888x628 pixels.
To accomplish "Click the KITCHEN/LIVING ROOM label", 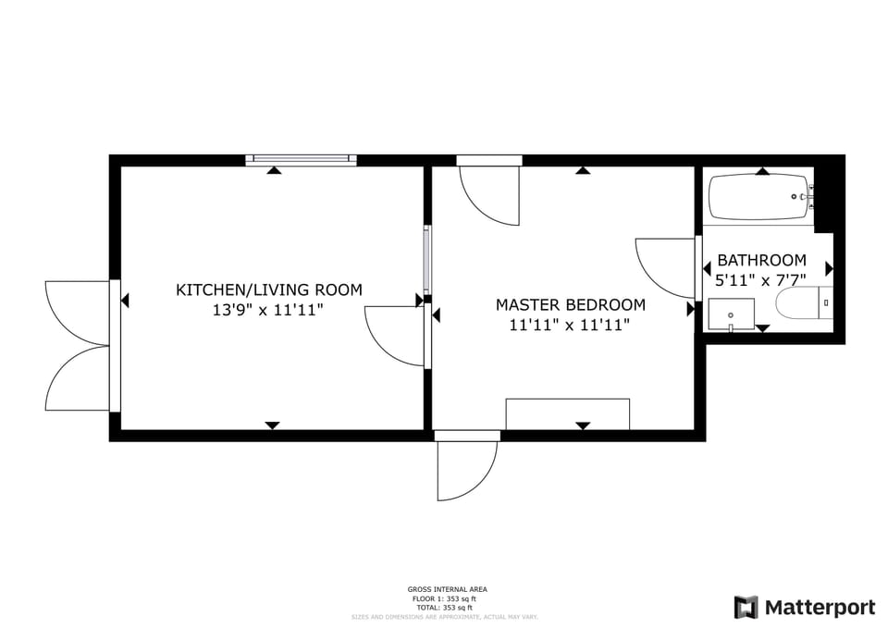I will [269, 289].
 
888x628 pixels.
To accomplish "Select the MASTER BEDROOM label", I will [570, 304].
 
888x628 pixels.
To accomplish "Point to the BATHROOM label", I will [761, 261].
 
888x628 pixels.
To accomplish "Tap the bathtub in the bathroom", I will [758, 197].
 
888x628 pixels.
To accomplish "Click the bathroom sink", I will [731, 314].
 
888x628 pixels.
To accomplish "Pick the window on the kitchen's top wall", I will [301, 160].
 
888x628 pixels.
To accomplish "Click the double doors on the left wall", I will [79, 345].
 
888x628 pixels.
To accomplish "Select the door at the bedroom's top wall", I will [489, 190].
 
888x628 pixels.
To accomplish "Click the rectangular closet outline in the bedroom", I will [567, 413].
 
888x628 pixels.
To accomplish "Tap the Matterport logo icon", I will [746, 608].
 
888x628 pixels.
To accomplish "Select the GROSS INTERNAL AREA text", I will [447, 589].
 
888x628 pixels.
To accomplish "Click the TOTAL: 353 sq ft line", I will [447, 608].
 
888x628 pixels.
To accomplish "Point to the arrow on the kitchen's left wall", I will [124, 300].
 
